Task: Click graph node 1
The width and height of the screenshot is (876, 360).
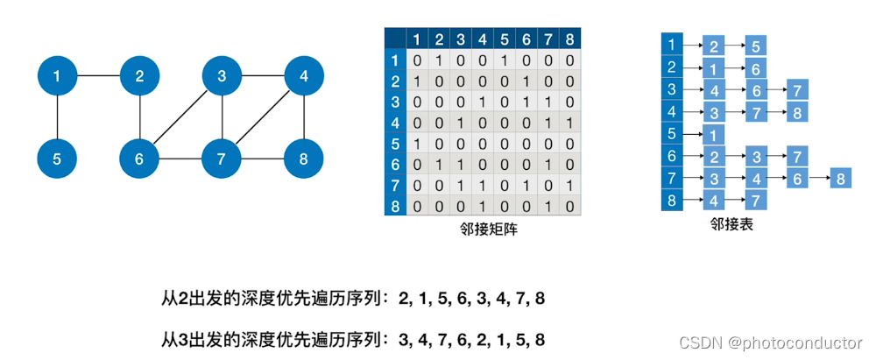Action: pyautogui.click(x=57, y=77)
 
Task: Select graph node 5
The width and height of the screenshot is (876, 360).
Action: pyautogui.click(x=57, y=159)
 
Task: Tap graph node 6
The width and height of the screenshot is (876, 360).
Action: pyautogui.click(x=140, y=159)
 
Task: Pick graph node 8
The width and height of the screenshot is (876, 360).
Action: pyautogui.click(x=304, y=159)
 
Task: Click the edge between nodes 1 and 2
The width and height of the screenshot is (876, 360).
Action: pyautogui.click(x=98, y=77)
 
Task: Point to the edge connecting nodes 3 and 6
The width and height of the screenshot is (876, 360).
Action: pyautogui.click(x=181, y=118)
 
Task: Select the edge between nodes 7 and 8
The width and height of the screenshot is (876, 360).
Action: pyautogui.click(x=263, y=159)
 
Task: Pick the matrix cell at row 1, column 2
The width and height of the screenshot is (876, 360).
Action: pyautogui.click(x=440, y=60)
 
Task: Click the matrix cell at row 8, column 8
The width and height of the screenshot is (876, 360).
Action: pyautogui.click(x=570, y=208)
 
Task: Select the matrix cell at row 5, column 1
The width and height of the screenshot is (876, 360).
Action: pyautogui.click(x=418, y=145)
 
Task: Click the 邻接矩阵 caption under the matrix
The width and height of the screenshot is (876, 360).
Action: pyautogui.click(x=482, y=229)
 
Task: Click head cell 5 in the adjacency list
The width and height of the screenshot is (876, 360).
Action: pyautogui.click(x=671, y=134)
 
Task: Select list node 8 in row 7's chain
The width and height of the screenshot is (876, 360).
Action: pyautogui.click(x=840, y=178)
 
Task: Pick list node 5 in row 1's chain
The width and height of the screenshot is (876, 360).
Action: pyautogui.click(x=755, y=46)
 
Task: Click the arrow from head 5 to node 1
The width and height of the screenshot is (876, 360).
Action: pyautogui.click(x=692, y=134)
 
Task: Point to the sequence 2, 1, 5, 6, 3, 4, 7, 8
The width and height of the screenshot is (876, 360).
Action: pyautogui.click(x=471, y=299)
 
